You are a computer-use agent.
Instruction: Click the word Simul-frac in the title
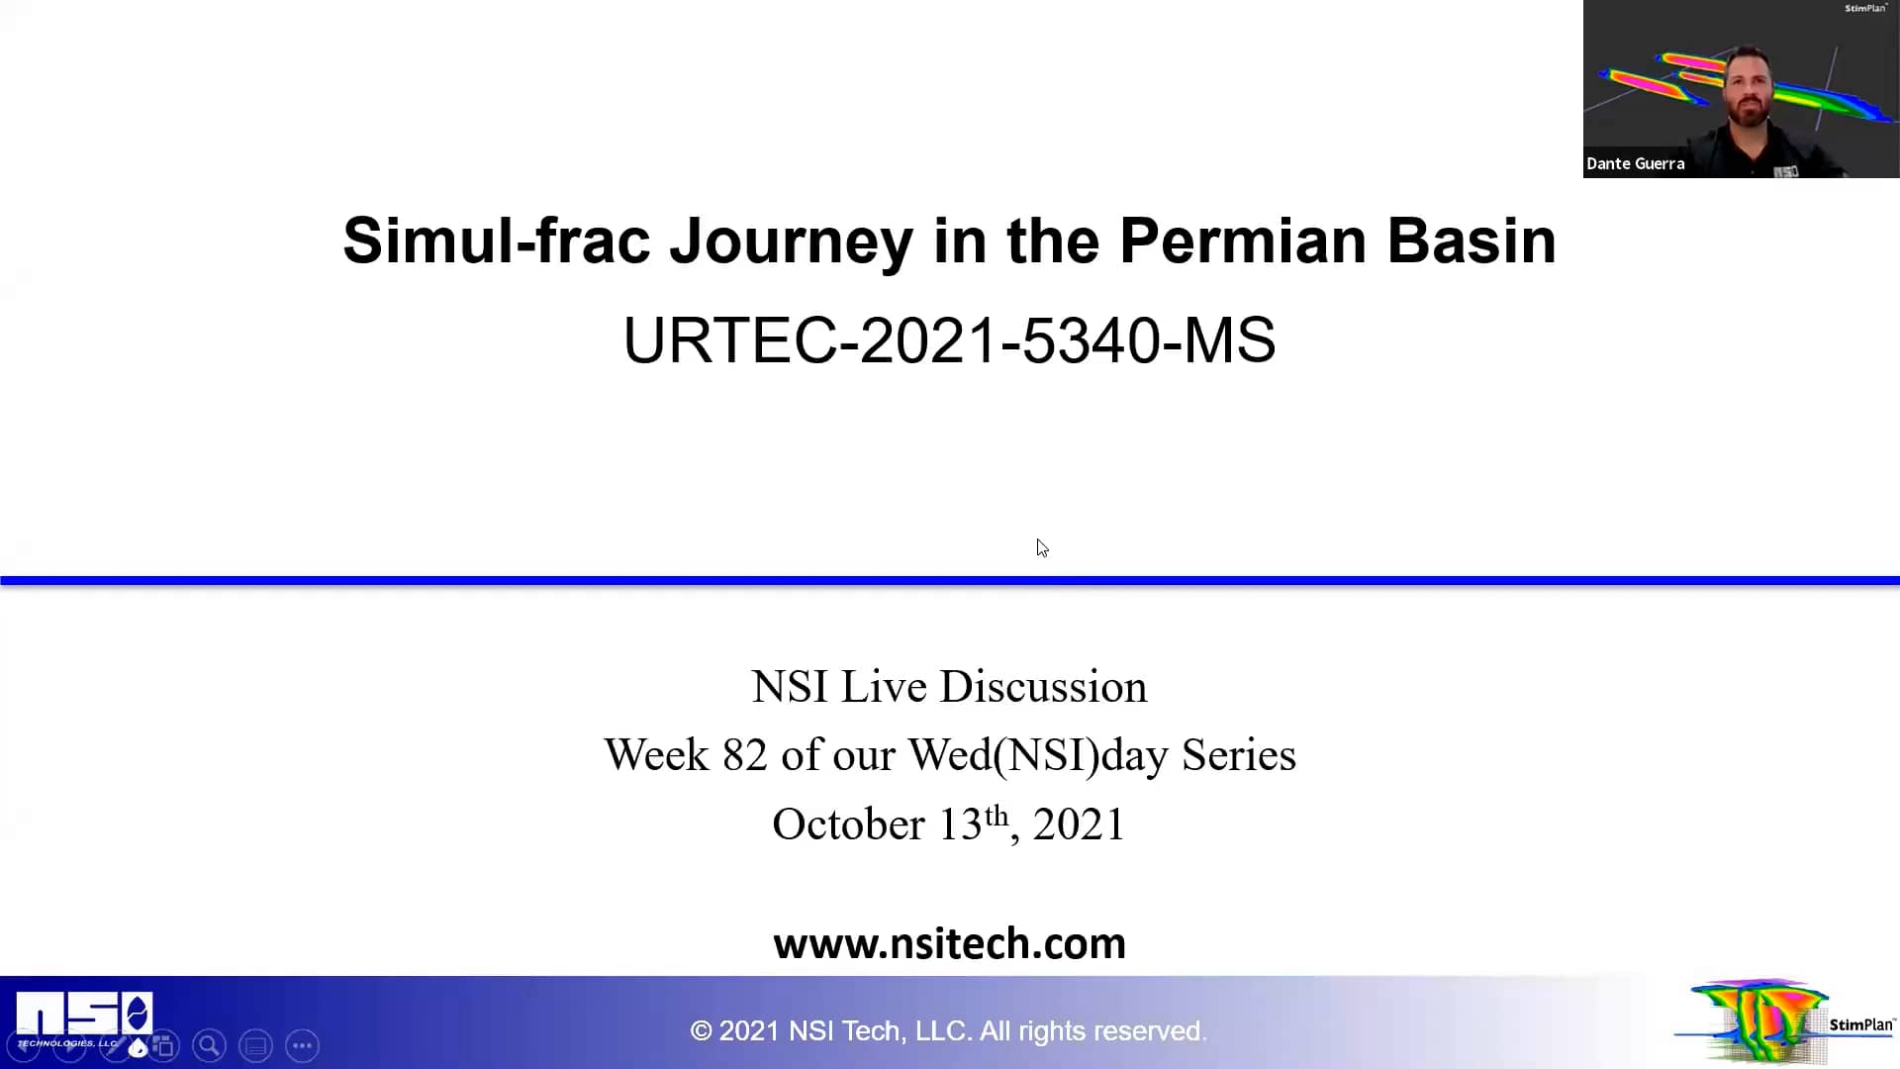click(x=496, y=241)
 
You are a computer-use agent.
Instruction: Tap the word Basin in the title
click(x=1471, y=241)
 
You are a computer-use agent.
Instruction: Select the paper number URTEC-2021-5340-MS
click(x=949, y=340)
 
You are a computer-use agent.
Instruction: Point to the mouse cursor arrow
click(x=1041, y=547)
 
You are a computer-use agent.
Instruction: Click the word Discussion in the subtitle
click(x=1043, y=687)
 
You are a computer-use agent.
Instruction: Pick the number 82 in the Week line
click(x=744, y=755)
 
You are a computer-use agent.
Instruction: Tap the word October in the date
click(x=848, y=825)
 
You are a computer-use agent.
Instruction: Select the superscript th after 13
click(x=996, y=816)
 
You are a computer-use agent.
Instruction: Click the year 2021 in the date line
click(x=1079, y=825)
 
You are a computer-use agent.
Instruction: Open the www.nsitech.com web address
click(x=949, y=943)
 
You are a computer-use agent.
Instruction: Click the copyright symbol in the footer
click(x=701, y=1031)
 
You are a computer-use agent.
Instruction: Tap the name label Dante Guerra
click(x=1635, y=164)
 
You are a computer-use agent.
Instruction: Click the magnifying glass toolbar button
click(x=209, y=1045)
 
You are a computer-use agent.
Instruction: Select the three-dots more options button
click(x=302, y=1045)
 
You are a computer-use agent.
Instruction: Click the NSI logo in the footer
click(x=84, y=1016)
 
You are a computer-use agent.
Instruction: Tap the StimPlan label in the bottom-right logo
click(x=1860, y=1024)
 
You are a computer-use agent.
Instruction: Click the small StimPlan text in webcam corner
click(x=1865, y=9)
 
